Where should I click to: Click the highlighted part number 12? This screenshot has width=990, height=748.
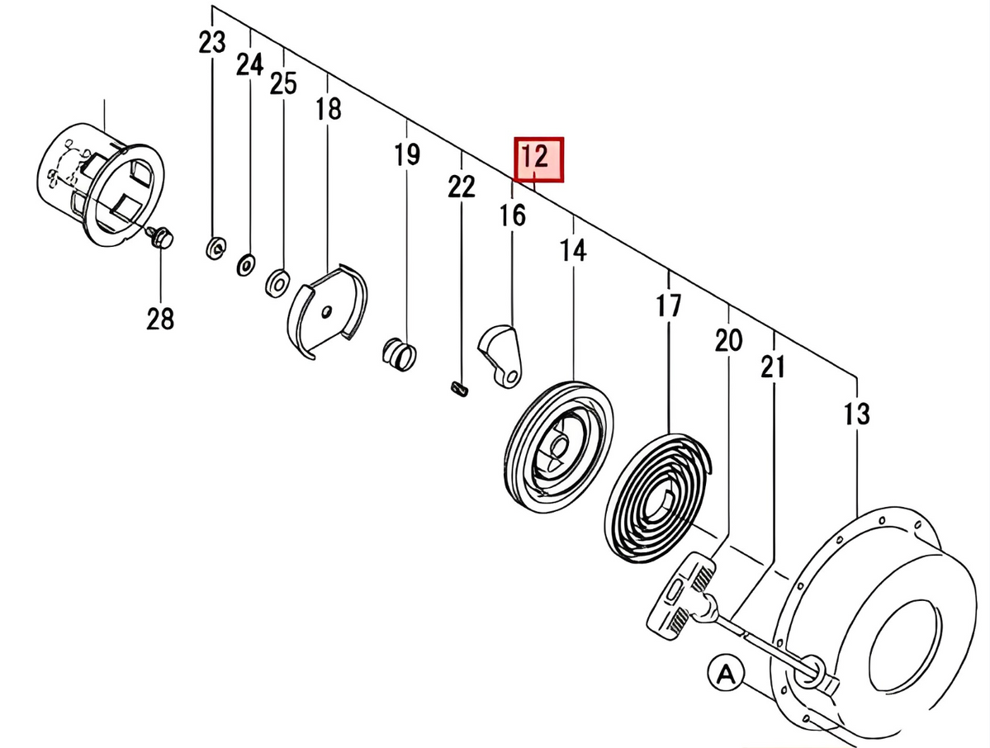(538, 158)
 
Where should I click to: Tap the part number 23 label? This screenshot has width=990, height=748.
(212, 43)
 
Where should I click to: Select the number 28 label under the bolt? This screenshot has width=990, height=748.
(161, 318)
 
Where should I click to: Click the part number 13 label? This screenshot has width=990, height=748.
(857, 413)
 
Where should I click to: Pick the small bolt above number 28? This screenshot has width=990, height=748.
(160, 237)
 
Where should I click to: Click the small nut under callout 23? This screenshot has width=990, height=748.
(214, 247)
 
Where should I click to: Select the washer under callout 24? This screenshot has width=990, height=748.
(246, 265)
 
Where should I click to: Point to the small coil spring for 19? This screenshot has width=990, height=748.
(400, 352)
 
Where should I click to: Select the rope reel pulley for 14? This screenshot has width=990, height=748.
(559, 447)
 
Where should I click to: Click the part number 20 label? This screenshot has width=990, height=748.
(728, 340)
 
